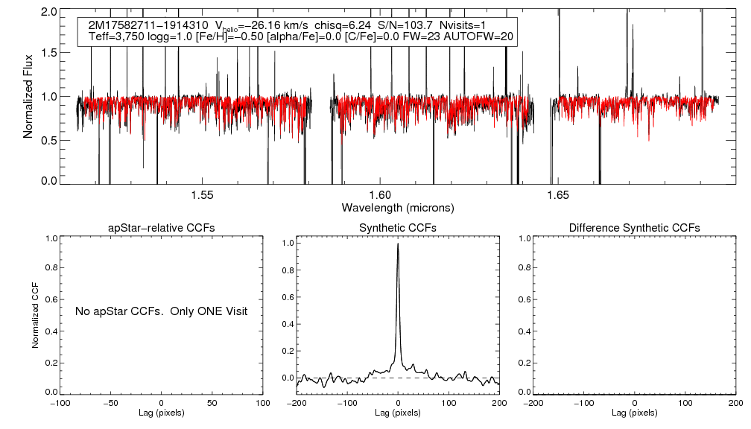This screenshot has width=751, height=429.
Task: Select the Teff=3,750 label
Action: pyautogui.click(x=118, y=36)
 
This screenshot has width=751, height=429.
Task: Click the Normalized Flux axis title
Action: pyautogui.click(x=28, y=96)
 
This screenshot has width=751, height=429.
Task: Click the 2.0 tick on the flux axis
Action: pyautogui.click(x=50, y=13)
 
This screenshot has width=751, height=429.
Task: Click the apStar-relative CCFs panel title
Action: pyautogui.click(x=162, y=228)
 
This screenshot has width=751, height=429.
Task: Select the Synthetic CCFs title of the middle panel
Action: pyautogui.click(x=398, y=228)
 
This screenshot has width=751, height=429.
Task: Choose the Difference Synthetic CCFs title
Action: pyautogui.click(x=634, y=228)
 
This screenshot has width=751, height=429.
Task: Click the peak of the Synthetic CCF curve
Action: pyautogui.click(x=399, y=244)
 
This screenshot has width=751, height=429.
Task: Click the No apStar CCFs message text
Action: pyautogui.click(x=161, y=311)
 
